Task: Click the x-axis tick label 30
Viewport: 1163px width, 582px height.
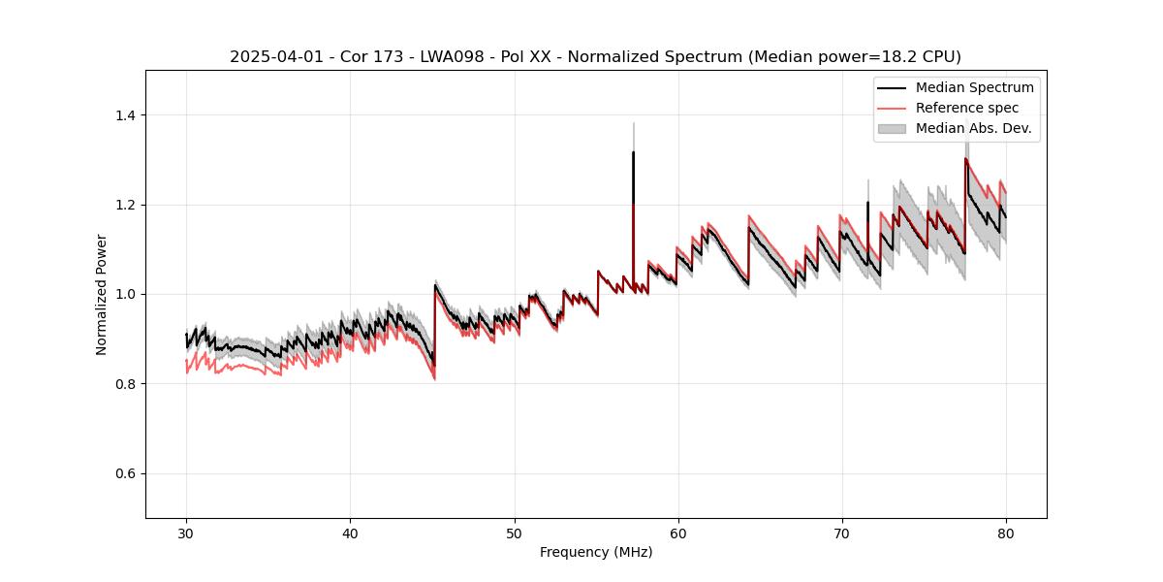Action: click(186, 533)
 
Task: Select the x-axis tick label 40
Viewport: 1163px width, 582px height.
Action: click(350, 533)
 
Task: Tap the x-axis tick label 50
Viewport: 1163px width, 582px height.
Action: click(514, 533)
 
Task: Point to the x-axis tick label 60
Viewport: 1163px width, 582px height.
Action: click(677, 533)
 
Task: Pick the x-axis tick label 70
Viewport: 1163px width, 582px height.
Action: click(841, 533)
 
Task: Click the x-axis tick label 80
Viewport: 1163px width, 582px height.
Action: click(1005, 533)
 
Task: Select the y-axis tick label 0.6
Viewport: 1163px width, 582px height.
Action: click(128, 473)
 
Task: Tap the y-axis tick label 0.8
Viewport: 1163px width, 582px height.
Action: click(128, 384)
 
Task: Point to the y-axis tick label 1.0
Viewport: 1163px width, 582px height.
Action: click(128, 294)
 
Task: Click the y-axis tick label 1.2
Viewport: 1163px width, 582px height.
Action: click(128, 205)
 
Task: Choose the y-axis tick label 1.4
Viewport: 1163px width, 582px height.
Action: click(128, 115)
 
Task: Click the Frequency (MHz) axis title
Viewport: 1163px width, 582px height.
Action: click(596, 552)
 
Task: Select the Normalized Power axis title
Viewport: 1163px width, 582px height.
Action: click(102, 294)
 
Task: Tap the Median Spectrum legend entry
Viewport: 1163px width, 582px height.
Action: click(974, 88)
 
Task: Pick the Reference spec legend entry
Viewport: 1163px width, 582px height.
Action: click(966, 108)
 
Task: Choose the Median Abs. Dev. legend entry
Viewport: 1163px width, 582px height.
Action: click(973, 128)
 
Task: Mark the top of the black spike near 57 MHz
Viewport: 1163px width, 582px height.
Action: click(633, 152)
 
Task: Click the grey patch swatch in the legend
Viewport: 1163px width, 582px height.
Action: click(892, 128)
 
